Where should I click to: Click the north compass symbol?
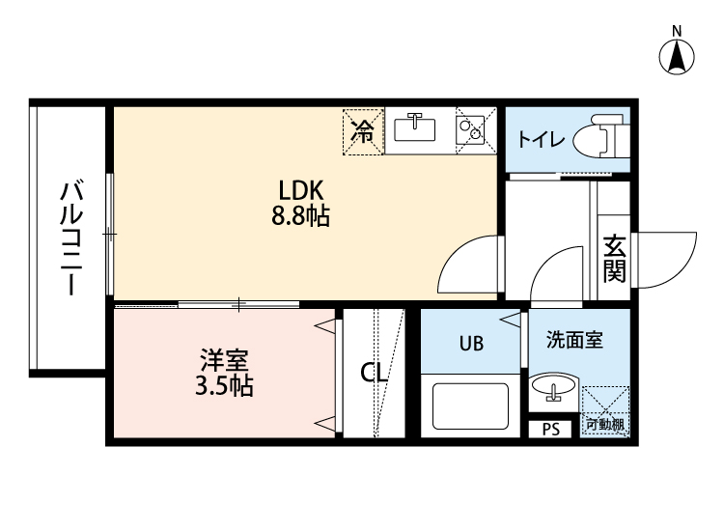pos(678,55)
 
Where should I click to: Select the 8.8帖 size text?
pos(300,216)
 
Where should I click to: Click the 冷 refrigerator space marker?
pos(363,131)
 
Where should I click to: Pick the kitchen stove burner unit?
pos(474,129)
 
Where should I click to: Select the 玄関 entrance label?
pos(614,259)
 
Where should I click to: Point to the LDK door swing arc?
pos(468,265)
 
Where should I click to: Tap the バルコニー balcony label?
pos(69,237)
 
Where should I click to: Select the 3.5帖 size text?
pos(224,388)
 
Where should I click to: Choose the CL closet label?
pos(375,373)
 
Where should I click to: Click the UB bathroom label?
pos(471,343)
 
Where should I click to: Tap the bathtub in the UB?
pos(471,405)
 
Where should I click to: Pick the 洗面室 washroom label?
pos(574,341)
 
